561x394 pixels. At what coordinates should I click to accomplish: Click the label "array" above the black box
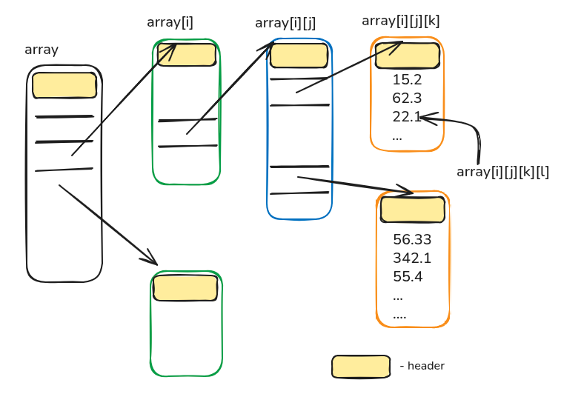[42, 50]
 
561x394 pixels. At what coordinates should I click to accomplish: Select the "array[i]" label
[170, 22]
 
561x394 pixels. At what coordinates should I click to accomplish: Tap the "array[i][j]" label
[286, 23]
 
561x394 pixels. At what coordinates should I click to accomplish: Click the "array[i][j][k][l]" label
[502, 172]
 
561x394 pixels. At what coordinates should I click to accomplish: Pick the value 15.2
[407, 80]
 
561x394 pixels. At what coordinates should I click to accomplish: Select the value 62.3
[407, 98]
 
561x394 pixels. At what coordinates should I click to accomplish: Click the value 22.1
[407, 116]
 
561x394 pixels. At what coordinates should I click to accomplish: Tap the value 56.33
[412, 240]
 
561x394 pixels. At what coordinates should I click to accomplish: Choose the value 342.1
[412, 258]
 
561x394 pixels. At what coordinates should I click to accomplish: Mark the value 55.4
[408, 277]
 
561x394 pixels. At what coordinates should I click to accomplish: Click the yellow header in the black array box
[64, 85]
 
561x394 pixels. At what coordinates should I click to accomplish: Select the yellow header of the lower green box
[185, 287]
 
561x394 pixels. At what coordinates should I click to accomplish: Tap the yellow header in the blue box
[299, 56]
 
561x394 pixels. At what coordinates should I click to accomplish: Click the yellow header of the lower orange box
[413, 210]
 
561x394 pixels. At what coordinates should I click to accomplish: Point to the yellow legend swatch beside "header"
[361, 366]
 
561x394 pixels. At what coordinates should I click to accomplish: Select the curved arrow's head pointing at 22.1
[425, 118]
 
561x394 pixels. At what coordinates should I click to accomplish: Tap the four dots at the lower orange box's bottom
[399, 315]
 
